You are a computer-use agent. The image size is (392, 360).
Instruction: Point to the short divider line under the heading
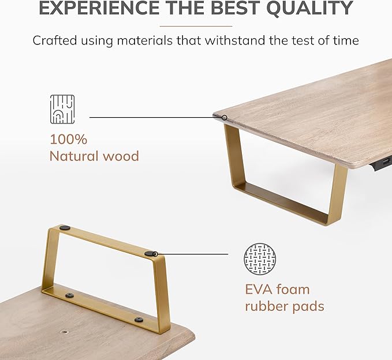coord(196,26)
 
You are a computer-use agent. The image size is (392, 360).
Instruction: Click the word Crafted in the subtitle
coord(55,40)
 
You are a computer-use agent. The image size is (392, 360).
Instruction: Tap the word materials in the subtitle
coord(145,40)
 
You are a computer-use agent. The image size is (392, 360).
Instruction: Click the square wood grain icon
coord(62,109)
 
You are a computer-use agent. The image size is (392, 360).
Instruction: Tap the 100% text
coord(69,140)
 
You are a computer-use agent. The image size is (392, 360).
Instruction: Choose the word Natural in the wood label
coord(74,156)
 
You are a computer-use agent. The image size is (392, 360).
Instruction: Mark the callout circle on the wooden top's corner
coord(225,118)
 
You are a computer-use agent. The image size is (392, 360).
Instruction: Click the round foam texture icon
coord(260,259)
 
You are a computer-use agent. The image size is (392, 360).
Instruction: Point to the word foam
coord(293,290)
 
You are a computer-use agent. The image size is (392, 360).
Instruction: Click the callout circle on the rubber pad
coord(155,254)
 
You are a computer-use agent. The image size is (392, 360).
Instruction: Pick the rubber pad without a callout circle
coord(65,227)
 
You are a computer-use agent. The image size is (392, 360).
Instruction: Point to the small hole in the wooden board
coord(65,332)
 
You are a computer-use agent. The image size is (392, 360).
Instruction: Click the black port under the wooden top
coord(382,164)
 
